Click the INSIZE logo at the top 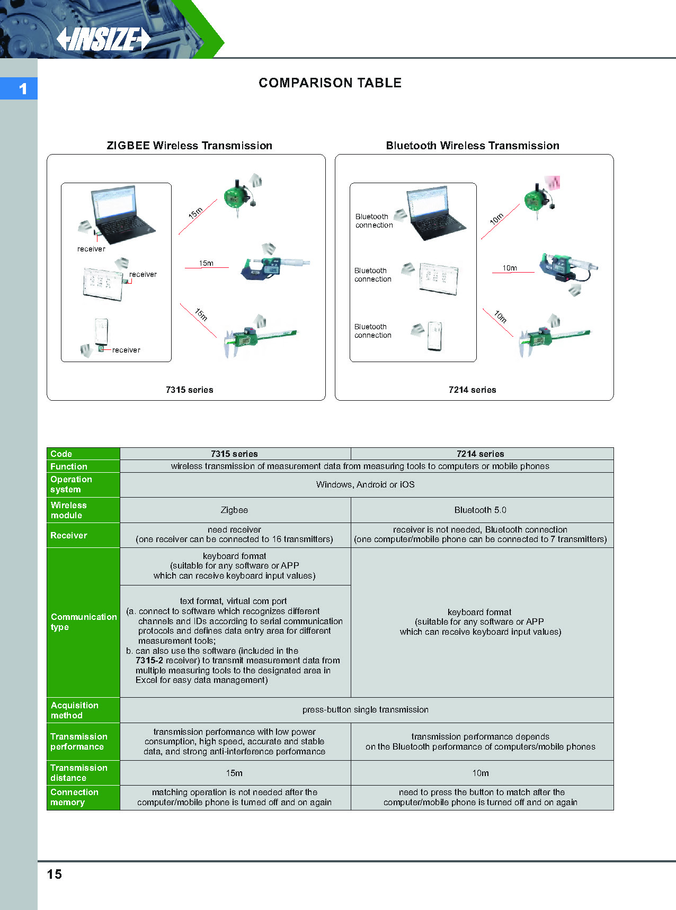coord(104,39)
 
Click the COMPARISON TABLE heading coord(330,83)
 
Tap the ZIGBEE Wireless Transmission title coord(189,146)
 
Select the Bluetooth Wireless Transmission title coord(472,146)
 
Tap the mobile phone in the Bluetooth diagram coord(435,336)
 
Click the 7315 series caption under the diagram coord(189,390)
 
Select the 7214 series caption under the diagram coord(472,390)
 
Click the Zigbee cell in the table coord(234,510)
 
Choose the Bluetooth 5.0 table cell coord(480,510)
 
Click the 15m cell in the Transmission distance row coord(234,773)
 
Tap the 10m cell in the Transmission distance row coord(480,773)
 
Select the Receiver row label coord(69,536)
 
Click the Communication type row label coord(83,622)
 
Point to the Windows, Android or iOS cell coord(365,485)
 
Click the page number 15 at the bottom coord(55,874)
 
